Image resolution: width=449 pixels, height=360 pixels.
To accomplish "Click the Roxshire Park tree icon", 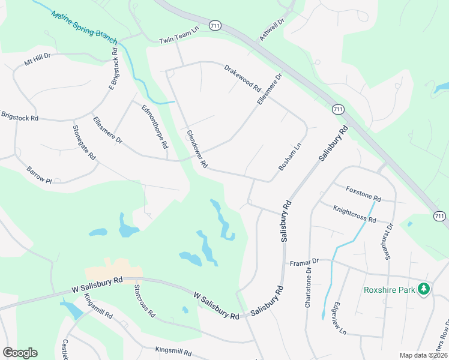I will pos(424,289).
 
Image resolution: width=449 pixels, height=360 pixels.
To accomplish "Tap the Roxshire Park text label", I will pos(390,290).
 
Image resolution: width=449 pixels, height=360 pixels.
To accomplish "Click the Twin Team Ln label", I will pos(178,40).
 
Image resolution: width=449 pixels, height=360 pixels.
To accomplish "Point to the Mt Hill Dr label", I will pos(37,61).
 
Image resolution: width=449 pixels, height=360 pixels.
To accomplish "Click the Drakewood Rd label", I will pos(243,79).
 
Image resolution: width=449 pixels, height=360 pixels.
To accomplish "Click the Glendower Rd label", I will pos(196,149).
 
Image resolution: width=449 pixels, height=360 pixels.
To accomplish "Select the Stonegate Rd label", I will pos(84,142).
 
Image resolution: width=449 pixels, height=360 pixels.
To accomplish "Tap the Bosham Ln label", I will pos(289,157).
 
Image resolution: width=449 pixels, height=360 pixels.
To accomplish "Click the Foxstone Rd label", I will pos(363,193).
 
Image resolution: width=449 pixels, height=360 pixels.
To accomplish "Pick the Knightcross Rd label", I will pos(354,213).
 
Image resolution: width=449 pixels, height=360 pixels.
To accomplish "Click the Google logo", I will pos(20,353).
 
